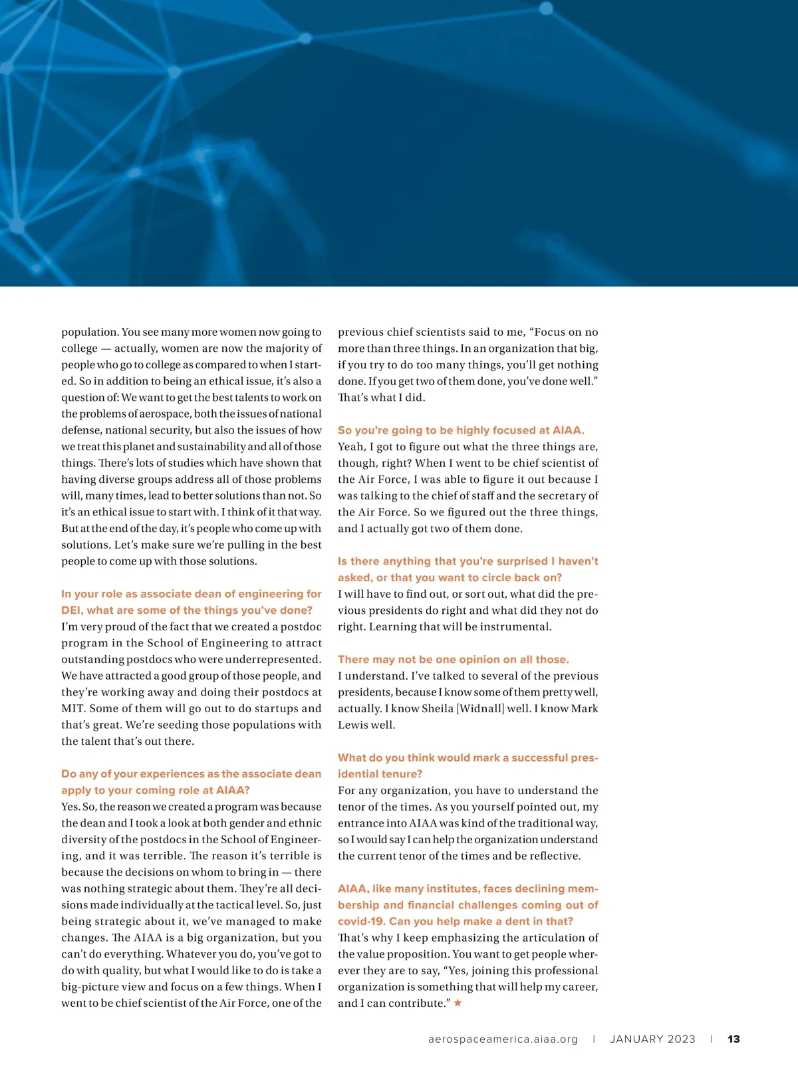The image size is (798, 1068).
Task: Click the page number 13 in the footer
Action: [x=733, y=1039]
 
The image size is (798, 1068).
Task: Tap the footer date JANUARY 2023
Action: [x=652, y=1039]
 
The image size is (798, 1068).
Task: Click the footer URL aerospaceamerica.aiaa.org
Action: [x=503, y=1039]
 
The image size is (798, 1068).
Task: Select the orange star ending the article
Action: [x=458, y=1002]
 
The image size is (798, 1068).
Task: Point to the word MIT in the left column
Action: [x=72, y=708]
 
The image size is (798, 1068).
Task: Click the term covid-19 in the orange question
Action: [x=360, y=921]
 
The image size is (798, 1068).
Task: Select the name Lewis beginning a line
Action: [x=352, y=725]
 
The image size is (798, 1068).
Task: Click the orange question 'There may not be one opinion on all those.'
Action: [x=453, y=659]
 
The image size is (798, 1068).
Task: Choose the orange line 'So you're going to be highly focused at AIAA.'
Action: [x=461, y=430]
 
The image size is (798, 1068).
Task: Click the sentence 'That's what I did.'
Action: [x=381, y=397]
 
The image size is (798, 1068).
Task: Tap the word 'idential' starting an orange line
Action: [x=357, y=774]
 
